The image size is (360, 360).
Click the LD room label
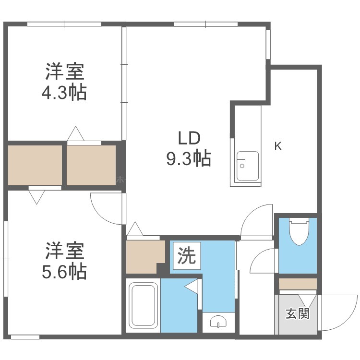[x=190, y=138]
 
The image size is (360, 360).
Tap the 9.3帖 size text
[x=189, y=159]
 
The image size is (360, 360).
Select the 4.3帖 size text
[x=64, y=92]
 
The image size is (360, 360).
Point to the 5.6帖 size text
[x=64, y=271]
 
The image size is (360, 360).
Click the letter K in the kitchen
[x=278, y=146]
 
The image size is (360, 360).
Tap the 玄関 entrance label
[x=298, y=313]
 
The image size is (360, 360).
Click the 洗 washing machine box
[x=187, y=256]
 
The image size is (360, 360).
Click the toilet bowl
[x=300, y=231]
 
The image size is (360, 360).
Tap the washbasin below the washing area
[x=218, y=322]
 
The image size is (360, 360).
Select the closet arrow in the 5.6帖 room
[x=36, y=197]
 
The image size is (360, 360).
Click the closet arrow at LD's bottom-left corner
[x=135, y=228]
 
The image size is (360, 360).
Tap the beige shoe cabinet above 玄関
[x=298, y=284]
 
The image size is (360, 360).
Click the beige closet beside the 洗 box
[x=145, y=257]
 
